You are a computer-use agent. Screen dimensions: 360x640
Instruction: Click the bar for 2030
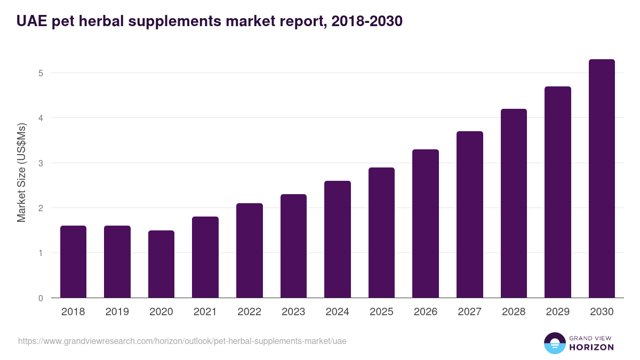(x=602, y=179)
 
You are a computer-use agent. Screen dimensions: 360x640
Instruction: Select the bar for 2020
(x=161, y=264)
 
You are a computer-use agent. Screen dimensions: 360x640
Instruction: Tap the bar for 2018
(x=73, y=261)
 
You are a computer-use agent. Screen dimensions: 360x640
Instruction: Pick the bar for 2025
(x=381, y=233)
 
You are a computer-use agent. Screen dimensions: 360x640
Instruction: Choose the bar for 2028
(x=514, y=203)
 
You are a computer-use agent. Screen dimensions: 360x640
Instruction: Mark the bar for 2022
(x=249, y=251)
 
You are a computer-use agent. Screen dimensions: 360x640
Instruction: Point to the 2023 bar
(x=293, y=246)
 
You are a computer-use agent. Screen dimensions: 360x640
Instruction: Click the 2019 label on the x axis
(x=117, y=312)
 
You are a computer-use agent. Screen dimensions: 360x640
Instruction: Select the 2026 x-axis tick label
(x=426, y=312)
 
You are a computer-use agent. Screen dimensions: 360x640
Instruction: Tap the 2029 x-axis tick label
(x=558, y=312)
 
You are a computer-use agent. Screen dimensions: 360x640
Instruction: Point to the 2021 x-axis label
(x=205, y=312)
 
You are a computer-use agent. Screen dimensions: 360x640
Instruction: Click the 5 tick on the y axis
(x=41, y=73)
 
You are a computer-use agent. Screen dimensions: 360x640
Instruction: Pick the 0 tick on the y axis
(x=41, y=298)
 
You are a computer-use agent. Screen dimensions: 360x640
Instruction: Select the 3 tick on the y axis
(x=41, y=163)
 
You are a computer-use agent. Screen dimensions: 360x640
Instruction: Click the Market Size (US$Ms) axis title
(x=21, y=173)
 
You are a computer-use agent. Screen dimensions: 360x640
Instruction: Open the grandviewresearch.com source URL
(x=182, y=341)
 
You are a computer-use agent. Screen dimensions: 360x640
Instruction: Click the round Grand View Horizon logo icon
(x=554, y=343)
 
